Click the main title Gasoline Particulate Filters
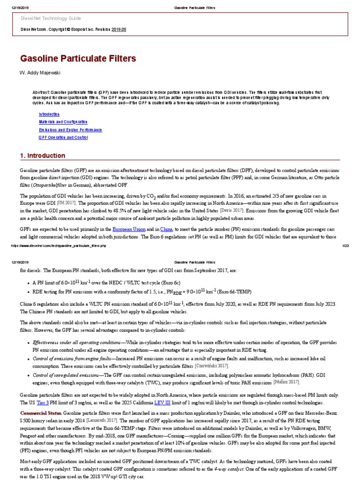[x=78, y=59]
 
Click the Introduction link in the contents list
[x=49, y=114]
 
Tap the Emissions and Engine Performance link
[x=70, y=130]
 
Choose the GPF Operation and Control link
[x=63, y=137]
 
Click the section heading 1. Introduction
[x=43, y=156]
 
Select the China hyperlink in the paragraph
[x=165, y=229]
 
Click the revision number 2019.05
[x=119, y=29]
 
